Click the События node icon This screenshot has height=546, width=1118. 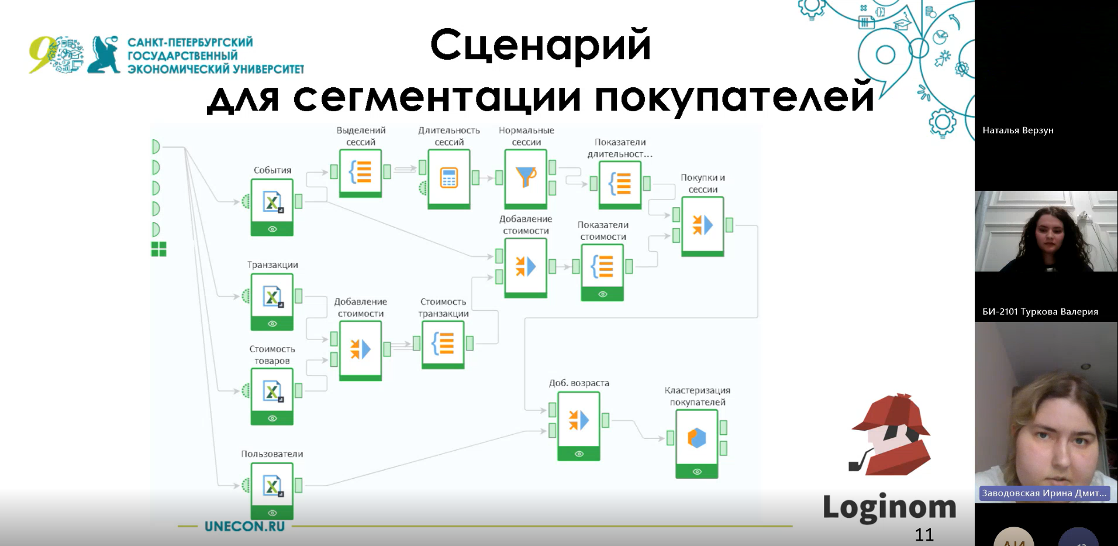click(x=272, y=202)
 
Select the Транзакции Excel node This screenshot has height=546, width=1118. click(x=272, y=297)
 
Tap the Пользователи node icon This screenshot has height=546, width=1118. click(x=272, y=486)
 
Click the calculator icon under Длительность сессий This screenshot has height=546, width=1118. click(x=448, y=177)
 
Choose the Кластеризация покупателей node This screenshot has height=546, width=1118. click(x=696, y=438)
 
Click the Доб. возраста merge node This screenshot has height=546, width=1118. click(x=578, y=420)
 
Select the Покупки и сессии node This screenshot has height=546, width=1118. click(x=702, y=225)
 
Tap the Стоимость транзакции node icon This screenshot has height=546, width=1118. click(x=443, y=344)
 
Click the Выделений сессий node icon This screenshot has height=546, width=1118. click(x=360, y=172)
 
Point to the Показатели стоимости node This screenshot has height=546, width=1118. click(x=602, y=267)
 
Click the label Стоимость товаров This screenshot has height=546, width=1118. click(x=272, y=355)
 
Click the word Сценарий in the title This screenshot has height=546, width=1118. click(x=540, y=45)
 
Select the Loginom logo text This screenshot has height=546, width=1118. click(x=889, y=507)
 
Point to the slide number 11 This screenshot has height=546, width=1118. click(x=924, y=534)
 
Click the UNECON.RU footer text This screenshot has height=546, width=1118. click(x=244, y=526)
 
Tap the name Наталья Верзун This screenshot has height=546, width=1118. click(x=1017, y=130)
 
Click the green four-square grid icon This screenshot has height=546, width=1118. click(x=158, y=249)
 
